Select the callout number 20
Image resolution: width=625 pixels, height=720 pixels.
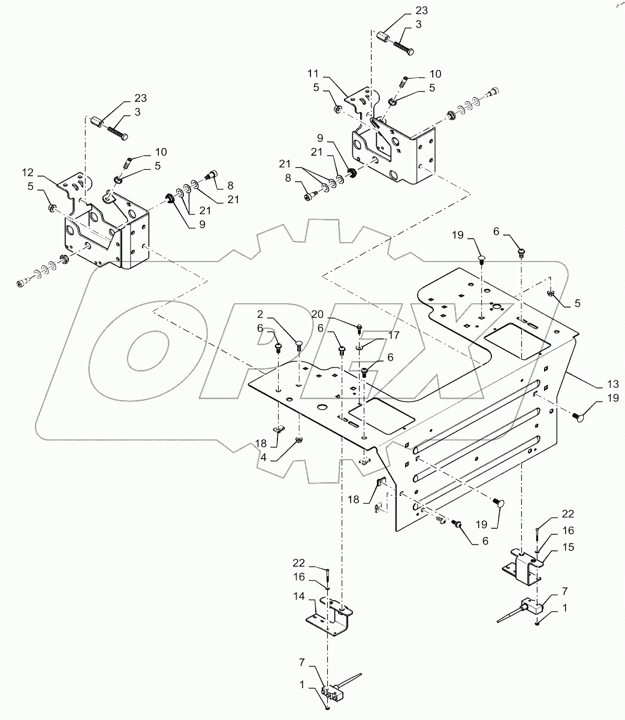click(318, 314)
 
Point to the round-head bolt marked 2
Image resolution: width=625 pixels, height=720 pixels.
click(298, 343)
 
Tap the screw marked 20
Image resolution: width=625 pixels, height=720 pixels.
click(359, 327)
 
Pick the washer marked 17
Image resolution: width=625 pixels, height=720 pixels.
click(358, 347)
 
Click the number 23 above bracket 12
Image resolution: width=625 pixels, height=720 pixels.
click(140, 98)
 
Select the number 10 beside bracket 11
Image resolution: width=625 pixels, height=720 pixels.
click(434, 74)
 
